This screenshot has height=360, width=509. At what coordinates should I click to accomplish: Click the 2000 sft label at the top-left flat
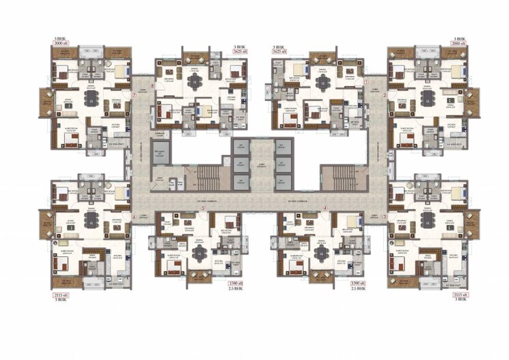(61, 43)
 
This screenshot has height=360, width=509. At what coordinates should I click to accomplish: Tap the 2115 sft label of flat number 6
(61, 294)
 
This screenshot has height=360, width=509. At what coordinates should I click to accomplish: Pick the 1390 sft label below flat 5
(235, 282)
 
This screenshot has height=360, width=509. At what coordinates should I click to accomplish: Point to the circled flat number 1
(366, 81)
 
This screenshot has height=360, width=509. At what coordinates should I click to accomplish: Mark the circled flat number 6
(135, 218)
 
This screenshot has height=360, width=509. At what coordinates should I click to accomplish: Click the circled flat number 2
(385, 95)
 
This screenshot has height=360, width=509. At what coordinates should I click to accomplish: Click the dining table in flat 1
(321, 81)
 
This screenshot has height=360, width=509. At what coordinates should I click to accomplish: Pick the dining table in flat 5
(199, 252)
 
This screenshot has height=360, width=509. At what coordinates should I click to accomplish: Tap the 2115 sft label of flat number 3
(460, 294)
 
